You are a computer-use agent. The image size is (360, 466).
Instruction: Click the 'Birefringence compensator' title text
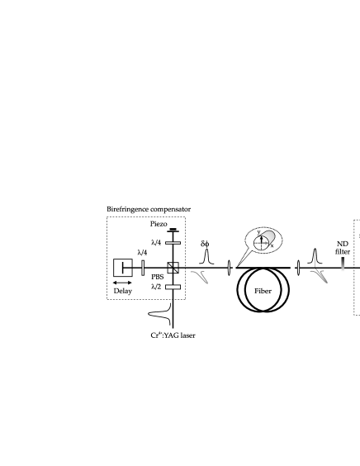pos(149,209)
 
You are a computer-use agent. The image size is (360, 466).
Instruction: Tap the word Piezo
pos(159,224)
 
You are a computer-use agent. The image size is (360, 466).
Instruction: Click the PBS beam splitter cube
pos(173,268)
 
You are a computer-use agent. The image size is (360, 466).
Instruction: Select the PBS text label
pos(158,277)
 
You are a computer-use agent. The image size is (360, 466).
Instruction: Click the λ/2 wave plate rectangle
pos(173,287)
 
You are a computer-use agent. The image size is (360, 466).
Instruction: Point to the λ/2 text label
pos(156,287)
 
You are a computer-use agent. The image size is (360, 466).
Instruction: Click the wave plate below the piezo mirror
pos(173,243)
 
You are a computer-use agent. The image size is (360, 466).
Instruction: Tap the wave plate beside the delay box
pos(143,268)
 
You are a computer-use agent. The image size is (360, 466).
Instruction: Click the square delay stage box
pos(123,268)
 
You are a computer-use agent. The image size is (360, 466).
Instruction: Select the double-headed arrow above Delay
pos(122,283)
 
